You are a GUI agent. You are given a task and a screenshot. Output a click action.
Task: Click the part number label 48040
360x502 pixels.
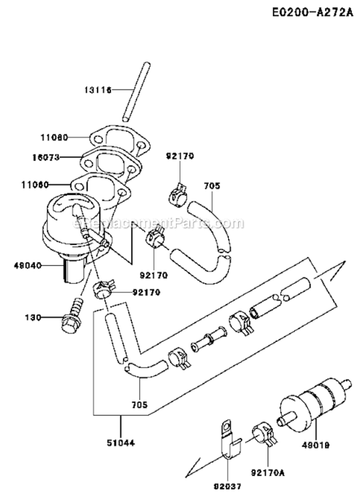click(27, 266)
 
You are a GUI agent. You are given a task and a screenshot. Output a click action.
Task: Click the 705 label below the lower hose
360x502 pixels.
click(139, 404)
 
